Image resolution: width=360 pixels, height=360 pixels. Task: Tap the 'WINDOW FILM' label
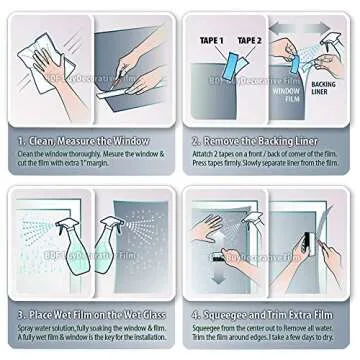coord(288,92)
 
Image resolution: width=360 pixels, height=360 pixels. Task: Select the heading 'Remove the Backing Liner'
coord(274,141)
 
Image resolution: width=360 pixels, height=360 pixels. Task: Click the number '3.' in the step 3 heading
coord(21,316)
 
